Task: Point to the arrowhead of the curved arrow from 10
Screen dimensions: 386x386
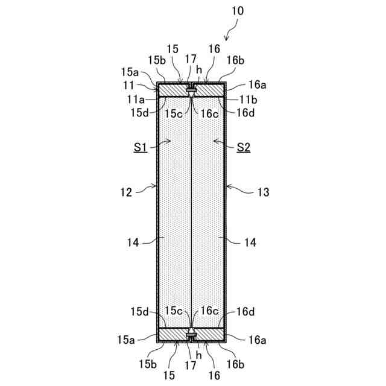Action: coord(225,40)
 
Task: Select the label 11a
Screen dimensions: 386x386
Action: coord(136,99)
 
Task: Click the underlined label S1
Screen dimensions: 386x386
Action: coord(142,147)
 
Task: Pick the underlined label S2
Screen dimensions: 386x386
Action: coord(244,147)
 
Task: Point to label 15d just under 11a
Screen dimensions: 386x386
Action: coord(139,111)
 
